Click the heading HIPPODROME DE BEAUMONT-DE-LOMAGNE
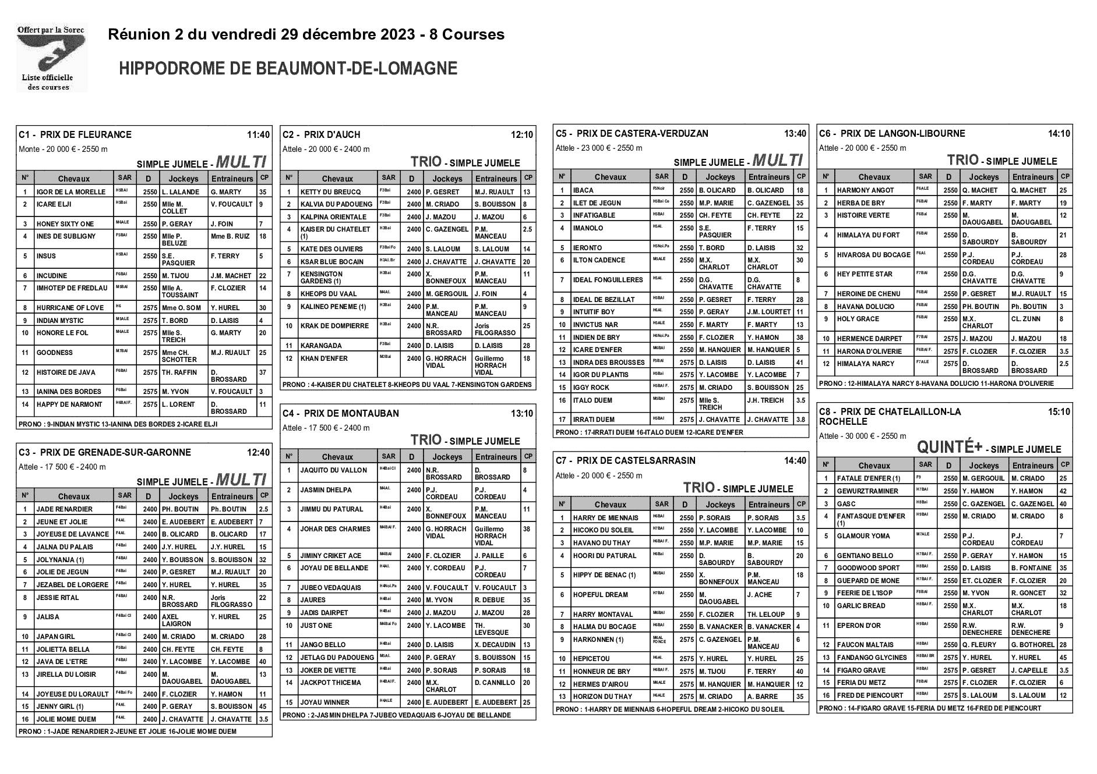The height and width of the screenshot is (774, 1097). tap(288, 69)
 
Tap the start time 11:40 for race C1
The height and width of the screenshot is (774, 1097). tap(258, 135)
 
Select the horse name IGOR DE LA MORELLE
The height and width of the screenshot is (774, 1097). tap(70, 192)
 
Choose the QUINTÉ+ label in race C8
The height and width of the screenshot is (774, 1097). tap(949, 448)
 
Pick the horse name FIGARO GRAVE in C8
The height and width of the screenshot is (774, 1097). tap(860, 670)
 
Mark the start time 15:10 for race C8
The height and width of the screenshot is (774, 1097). tap(1059, 412)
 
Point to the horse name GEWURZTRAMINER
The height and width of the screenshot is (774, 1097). tap(867, 491)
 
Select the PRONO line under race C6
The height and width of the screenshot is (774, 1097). tap(936, 384)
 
